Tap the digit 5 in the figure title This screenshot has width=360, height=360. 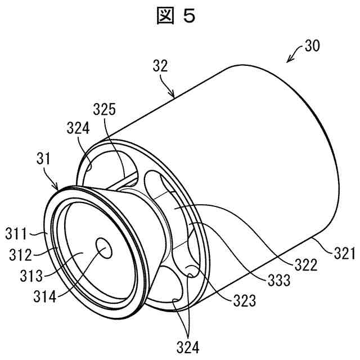[x=190, y=16]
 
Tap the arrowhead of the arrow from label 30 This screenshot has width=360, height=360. [x=288, y=61]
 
